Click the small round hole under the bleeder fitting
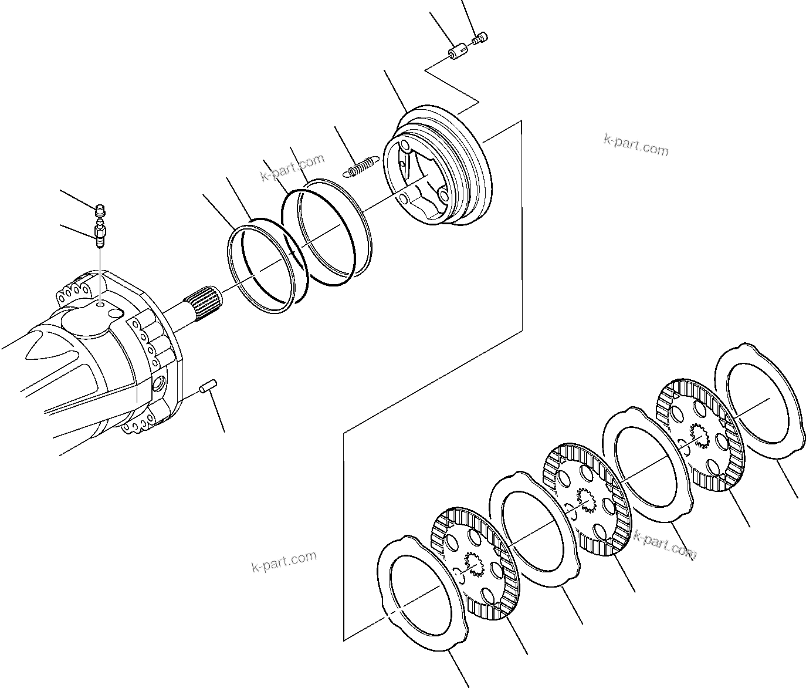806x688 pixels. (x=101, y=306)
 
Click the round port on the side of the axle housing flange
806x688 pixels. (x=158, y=385)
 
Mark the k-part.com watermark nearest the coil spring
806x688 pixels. (x=292, y=168)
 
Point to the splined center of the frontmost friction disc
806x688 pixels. (x=473, y=563)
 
